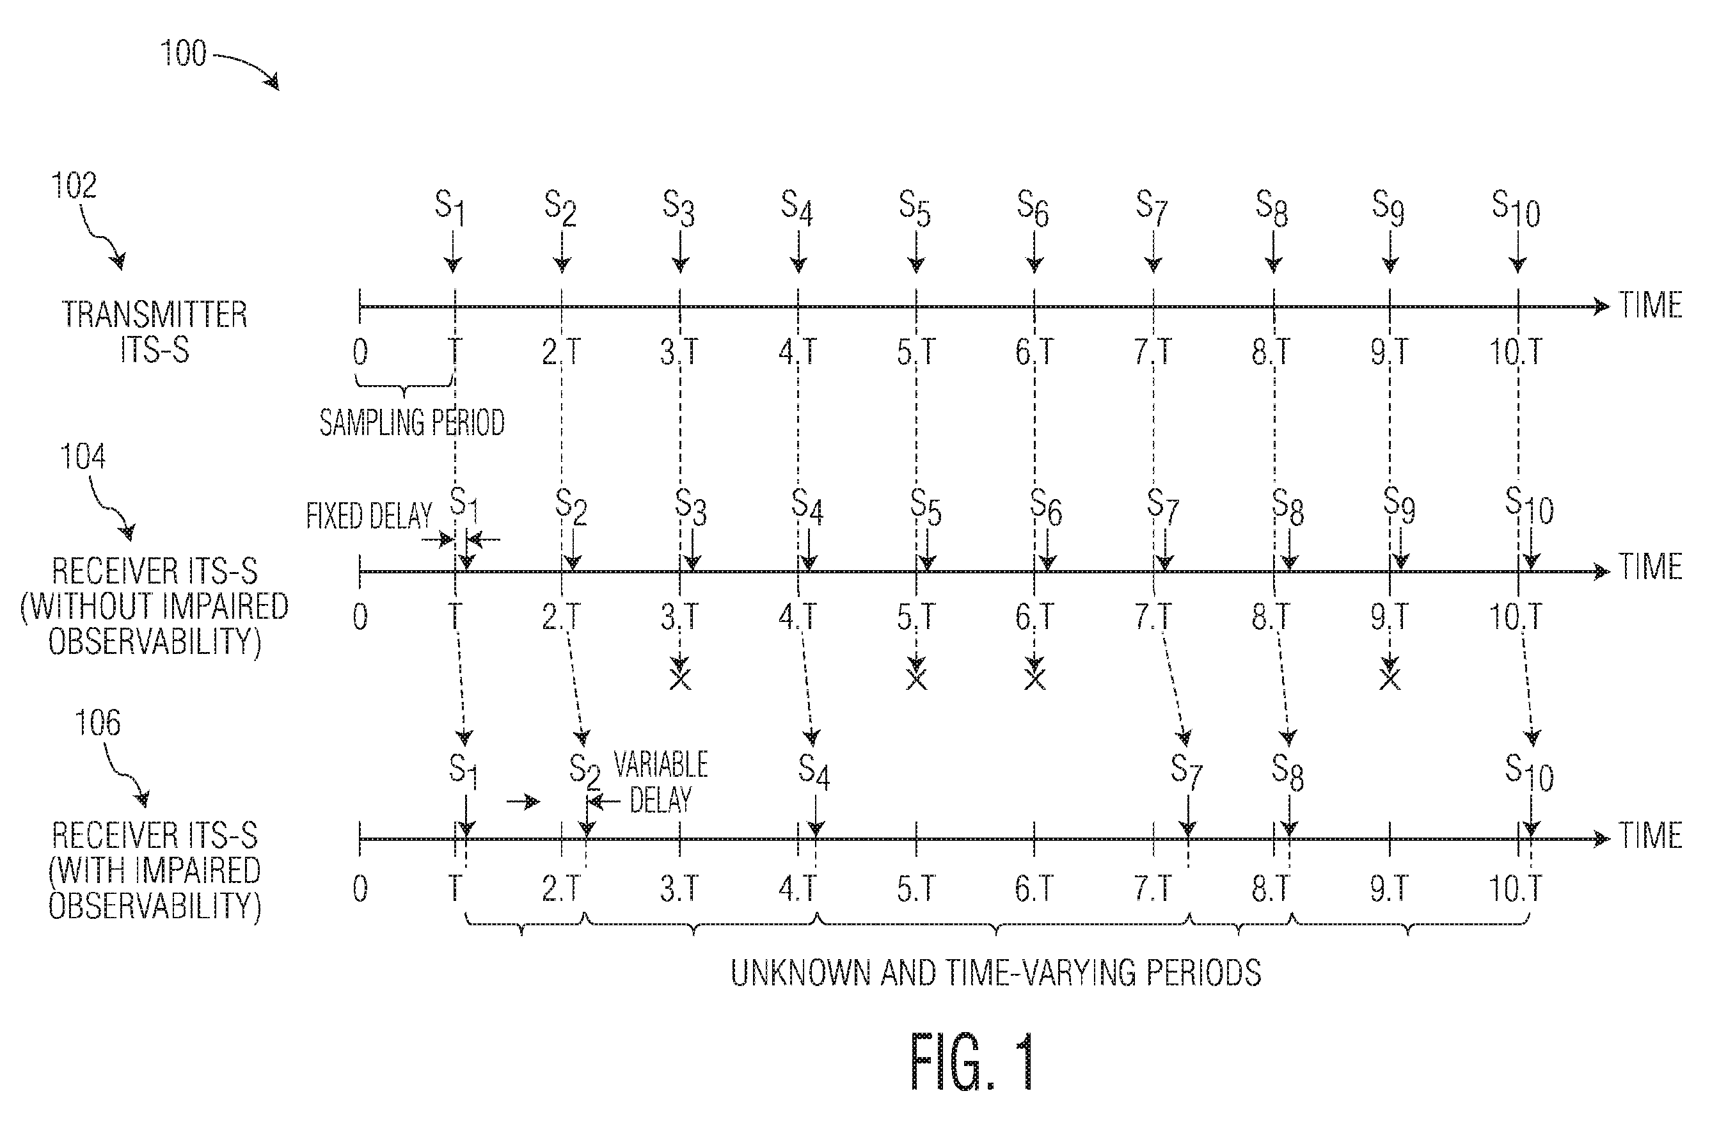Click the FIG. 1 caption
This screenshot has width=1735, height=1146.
[x=971, y=1062]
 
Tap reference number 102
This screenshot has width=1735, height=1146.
[x=74, y=186]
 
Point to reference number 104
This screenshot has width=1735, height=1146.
[x=83, y=457]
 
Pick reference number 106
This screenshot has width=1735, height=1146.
[x=98, y=723]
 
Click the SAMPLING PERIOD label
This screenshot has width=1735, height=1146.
[x=412, y=422]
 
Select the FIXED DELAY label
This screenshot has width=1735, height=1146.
[x=369, y=516]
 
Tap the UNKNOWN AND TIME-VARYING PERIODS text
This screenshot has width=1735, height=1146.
[x=995, y=973]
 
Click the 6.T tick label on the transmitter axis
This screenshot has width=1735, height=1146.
[x=1034, y=353]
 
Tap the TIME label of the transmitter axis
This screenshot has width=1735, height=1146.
[x=1651, y=305]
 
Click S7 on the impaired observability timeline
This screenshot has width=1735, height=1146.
[x=1186, y=772]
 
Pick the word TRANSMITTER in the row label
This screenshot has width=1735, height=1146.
[x=155, y=315]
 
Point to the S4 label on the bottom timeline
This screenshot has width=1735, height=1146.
[x=814, y=772]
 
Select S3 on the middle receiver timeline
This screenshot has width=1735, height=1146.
[x=690, y=505]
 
